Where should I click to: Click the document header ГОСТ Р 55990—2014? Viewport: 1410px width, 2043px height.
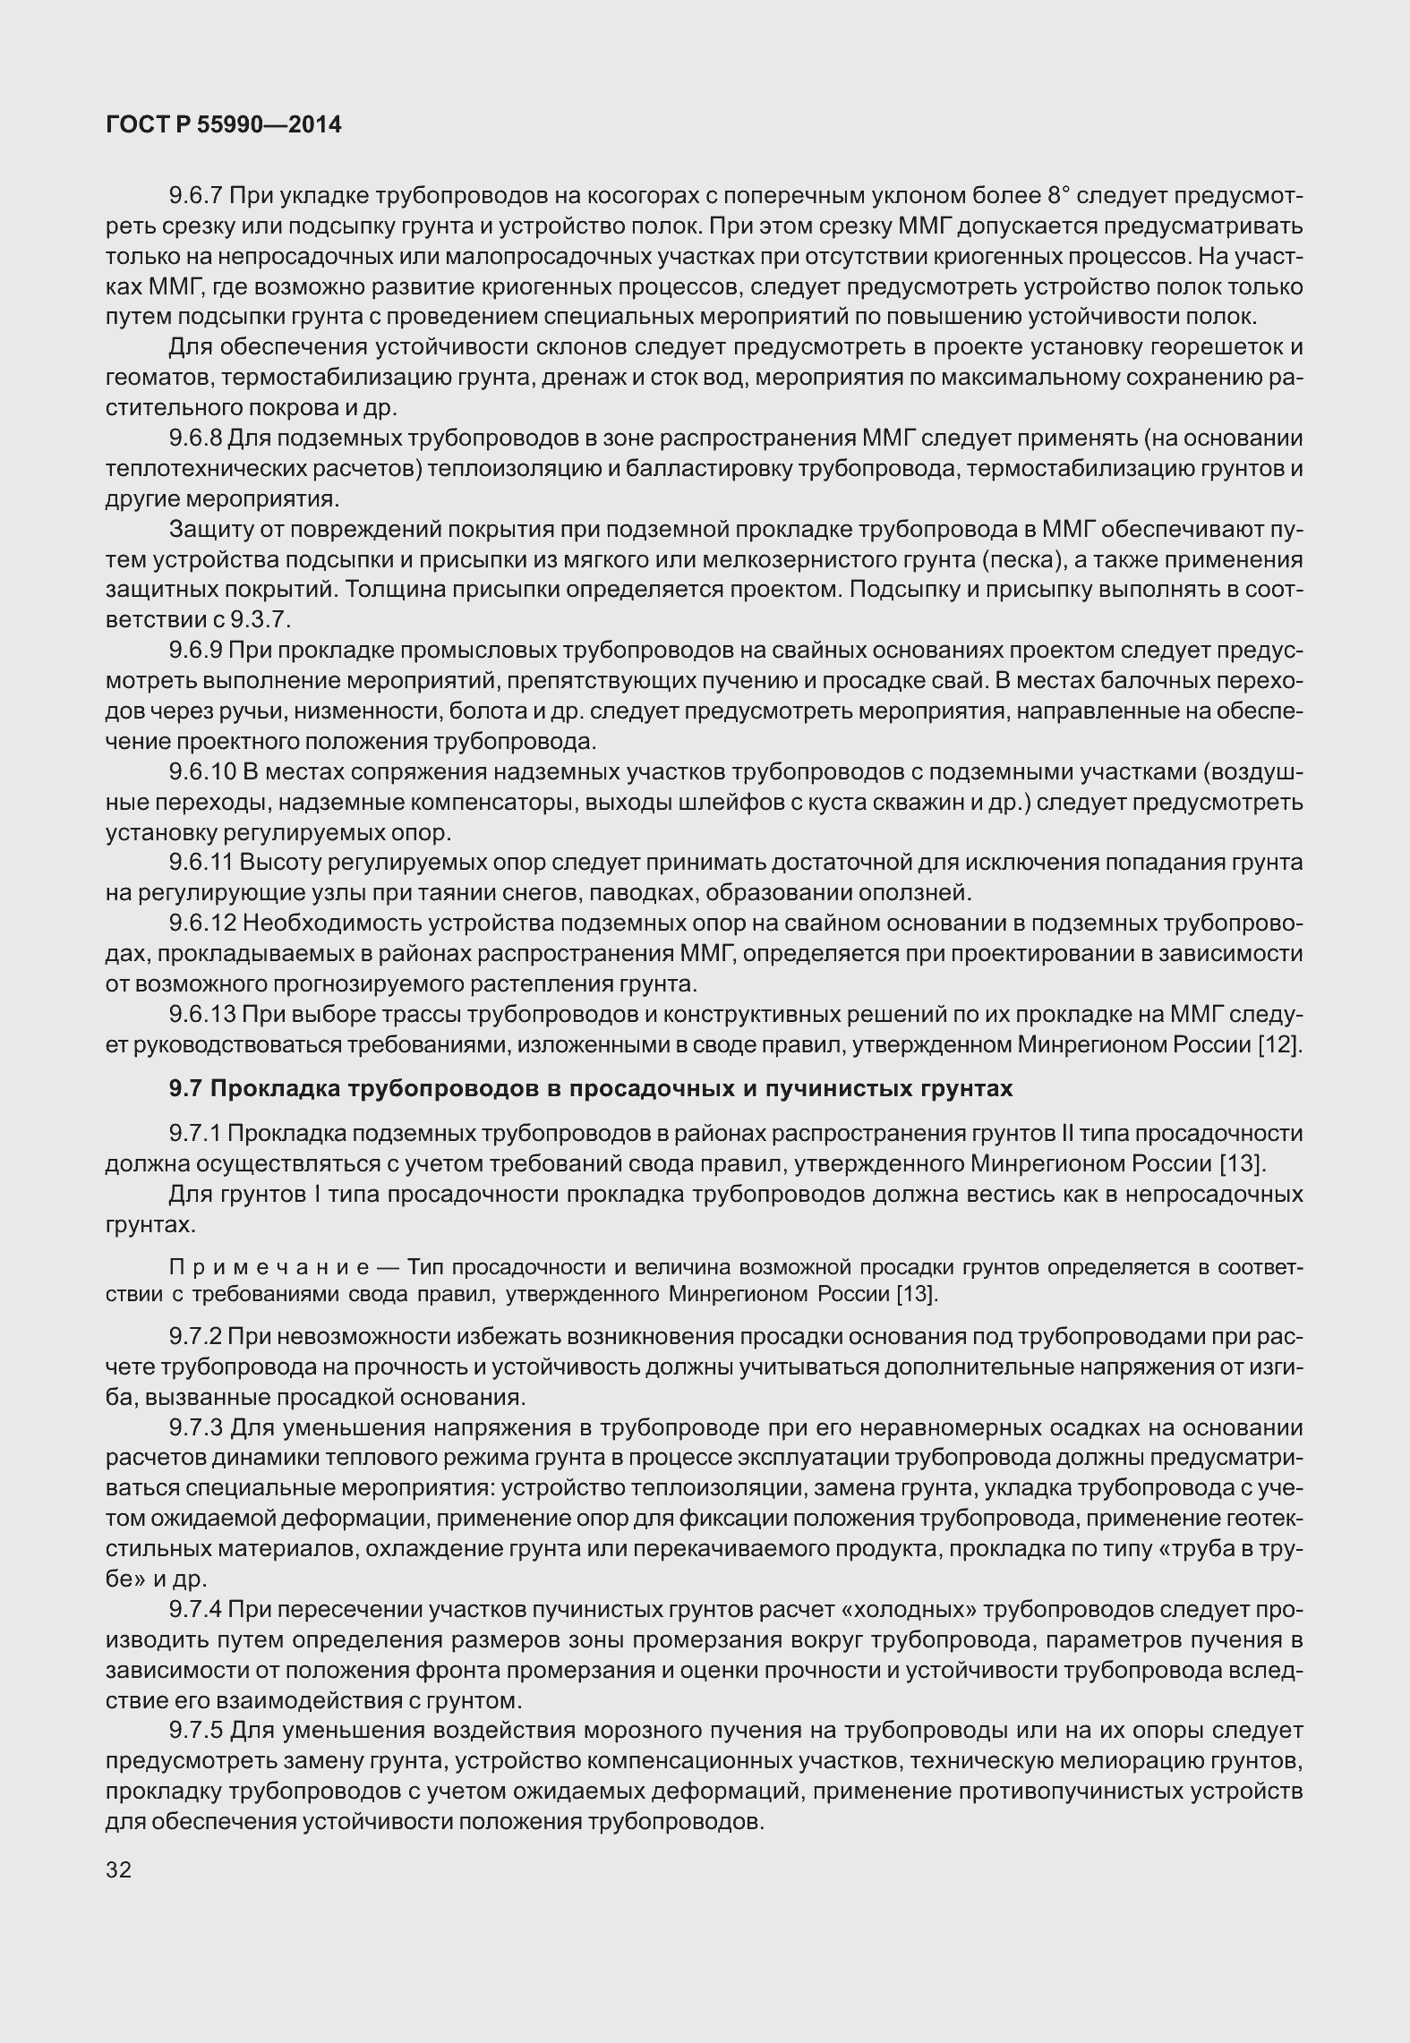[x=223, y=125]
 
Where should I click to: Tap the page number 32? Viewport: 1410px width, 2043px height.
[x=118, y=1869]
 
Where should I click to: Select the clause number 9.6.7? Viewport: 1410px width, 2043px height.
[x=197, y=196]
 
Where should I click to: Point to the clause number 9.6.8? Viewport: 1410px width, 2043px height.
[x=197, y=438]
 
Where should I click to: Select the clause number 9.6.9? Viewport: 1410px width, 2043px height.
[x=197, y=651]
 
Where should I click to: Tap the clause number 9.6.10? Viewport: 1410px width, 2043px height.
[x=203, y=772]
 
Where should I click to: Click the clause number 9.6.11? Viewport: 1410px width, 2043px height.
[x=203, y=863]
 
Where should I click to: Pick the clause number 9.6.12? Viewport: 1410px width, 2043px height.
[x=203, y=924]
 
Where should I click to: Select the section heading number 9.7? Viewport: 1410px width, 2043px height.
[x=185, y=1088]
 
